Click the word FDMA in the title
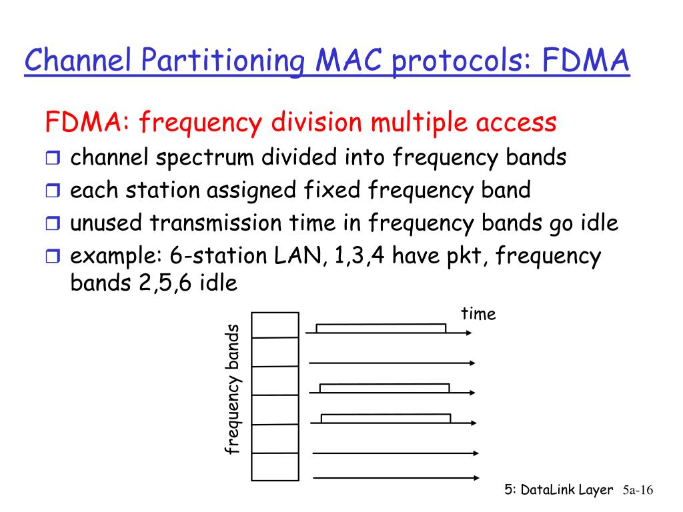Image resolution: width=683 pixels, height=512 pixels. (x=586, y=62)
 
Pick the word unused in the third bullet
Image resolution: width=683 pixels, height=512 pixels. (x=107, y=223)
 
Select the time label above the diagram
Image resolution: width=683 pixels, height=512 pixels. (x=478, y=314)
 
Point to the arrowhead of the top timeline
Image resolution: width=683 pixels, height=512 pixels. (x=469, y=332)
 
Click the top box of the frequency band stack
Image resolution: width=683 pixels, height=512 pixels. (x=275, y=325)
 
